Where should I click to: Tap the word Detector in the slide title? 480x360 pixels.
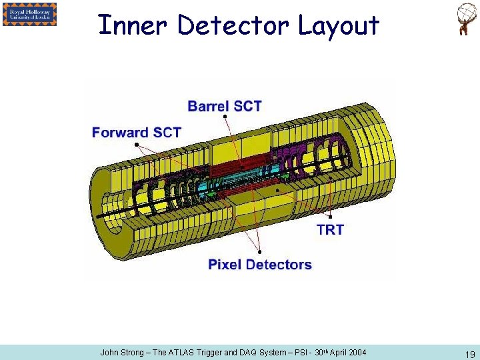click(x=233, y=25)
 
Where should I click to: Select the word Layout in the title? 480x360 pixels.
click(x=338, y=25)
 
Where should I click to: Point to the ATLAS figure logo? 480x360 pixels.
click(x=465, y=19)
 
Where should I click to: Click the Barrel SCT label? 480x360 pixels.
click(x=225, y=106)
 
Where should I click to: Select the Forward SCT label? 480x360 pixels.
click(x=137, y=132)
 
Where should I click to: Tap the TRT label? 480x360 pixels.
click(x=330, y=230)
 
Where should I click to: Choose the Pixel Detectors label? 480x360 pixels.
click(x=260, y=265)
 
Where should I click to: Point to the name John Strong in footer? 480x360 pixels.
click(x=121, y=352)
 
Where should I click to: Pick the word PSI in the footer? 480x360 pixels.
click(x=299, y=352)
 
